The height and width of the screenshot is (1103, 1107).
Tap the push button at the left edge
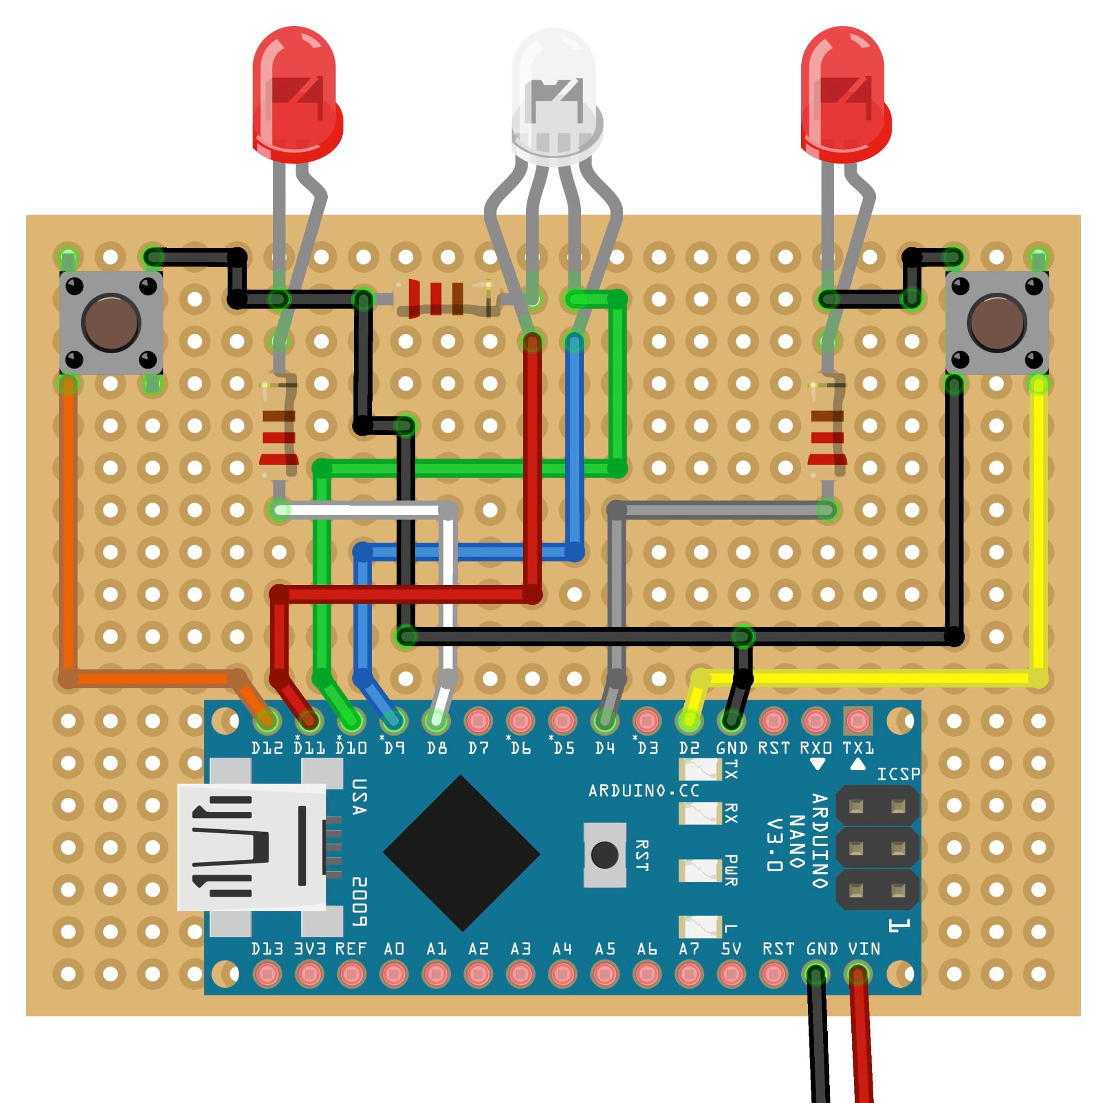(111, 322)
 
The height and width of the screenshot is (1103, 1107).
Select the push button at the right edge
(996, 322)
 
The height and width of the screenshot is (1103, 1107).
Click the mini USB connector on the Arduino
(252, 847)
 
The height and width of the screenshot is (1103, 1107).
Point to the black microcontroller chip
(461, 853)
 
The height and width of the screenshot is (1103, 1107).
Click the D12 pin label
(267, 748)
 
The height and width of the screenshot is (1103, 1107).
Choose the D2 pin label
(689, 748)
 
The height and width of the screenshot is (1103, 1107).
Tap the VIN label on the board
(863, 949)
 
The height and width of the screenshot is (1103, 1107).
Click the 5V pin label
(731, 949)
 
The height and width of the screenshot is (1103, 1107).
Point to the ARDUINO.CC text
(644, 791)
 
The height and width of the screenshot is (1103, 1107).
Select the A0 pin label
(394, 949)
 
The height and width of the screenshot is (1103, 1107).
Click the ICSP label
(898, 774)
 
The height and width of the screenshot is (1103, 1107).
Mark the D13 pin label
(267, 949)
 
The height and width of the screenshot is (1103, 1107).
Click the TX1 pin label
(858, 748)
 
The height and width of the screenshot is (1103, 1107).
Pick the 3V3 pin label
(310, 949)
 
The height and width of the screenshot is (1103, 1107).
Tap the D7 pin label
(478, 748)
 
